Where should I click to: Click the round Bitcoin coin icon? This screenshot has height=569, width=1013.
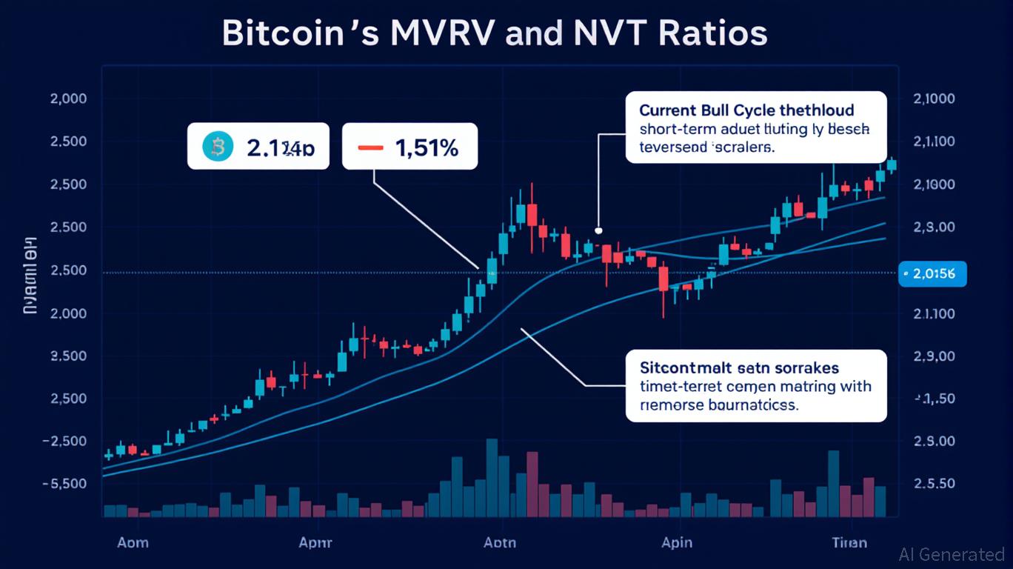point(218,147)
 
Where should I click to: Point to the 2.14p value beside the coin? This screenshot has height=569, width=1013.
point(280,148)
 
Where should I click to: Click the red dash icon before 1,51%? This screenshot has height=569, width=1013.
point(370,147)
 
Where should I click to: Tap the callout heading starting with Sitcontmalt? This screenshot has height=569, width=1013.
point(738,367)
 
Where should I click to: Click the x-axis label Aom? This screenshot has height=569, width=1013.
point(133,542)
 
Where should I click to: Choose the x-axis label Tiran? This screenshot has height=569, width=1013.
point(849,542)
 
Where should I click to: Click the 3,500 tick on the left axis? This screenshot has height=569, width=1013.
point(67,356)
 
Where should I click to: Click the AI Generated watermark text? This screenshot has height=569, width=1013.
point(952,554)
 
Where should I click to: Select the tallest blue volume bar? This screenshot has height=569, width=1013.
point(491,477)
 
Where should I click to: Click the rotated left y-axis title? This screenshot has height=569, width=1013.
point(31,276)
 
